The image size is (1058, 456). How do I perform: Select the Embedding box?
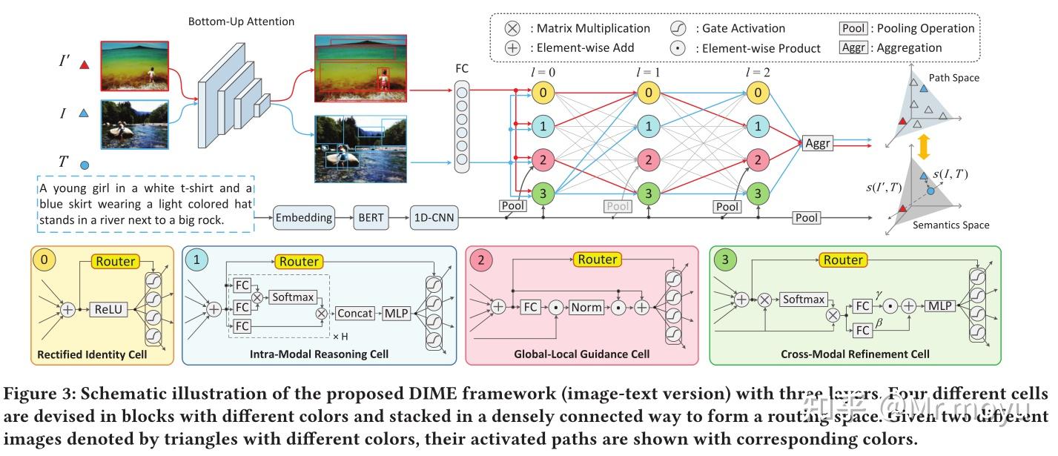point(303,218)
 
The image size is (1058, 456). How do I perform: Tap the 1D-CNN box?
point(434,218)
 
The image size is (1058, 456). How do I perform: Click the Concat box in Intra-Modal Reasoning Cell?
point(355,313)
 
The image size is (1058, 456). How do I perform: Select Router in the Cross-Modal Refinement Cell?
point(843,260)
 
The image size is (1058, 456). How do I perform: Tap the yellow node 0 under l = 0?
point(543,93)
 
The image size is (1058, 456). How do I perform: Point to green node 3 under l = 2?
point(756,194)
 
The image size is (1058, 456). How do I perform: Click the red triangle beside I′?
point(85,65)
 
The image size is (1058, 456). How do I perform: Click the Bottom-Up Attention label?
point(241,22)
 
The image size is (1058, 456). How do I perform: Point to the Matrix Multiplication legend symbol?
point(512,29)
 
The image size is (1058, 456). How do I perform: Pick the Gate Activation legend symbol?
point(679,29)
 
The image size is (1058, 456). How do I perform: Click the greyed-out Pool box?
point(620,206)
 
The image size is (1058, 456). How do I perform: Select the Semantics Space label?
point(950,225)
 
